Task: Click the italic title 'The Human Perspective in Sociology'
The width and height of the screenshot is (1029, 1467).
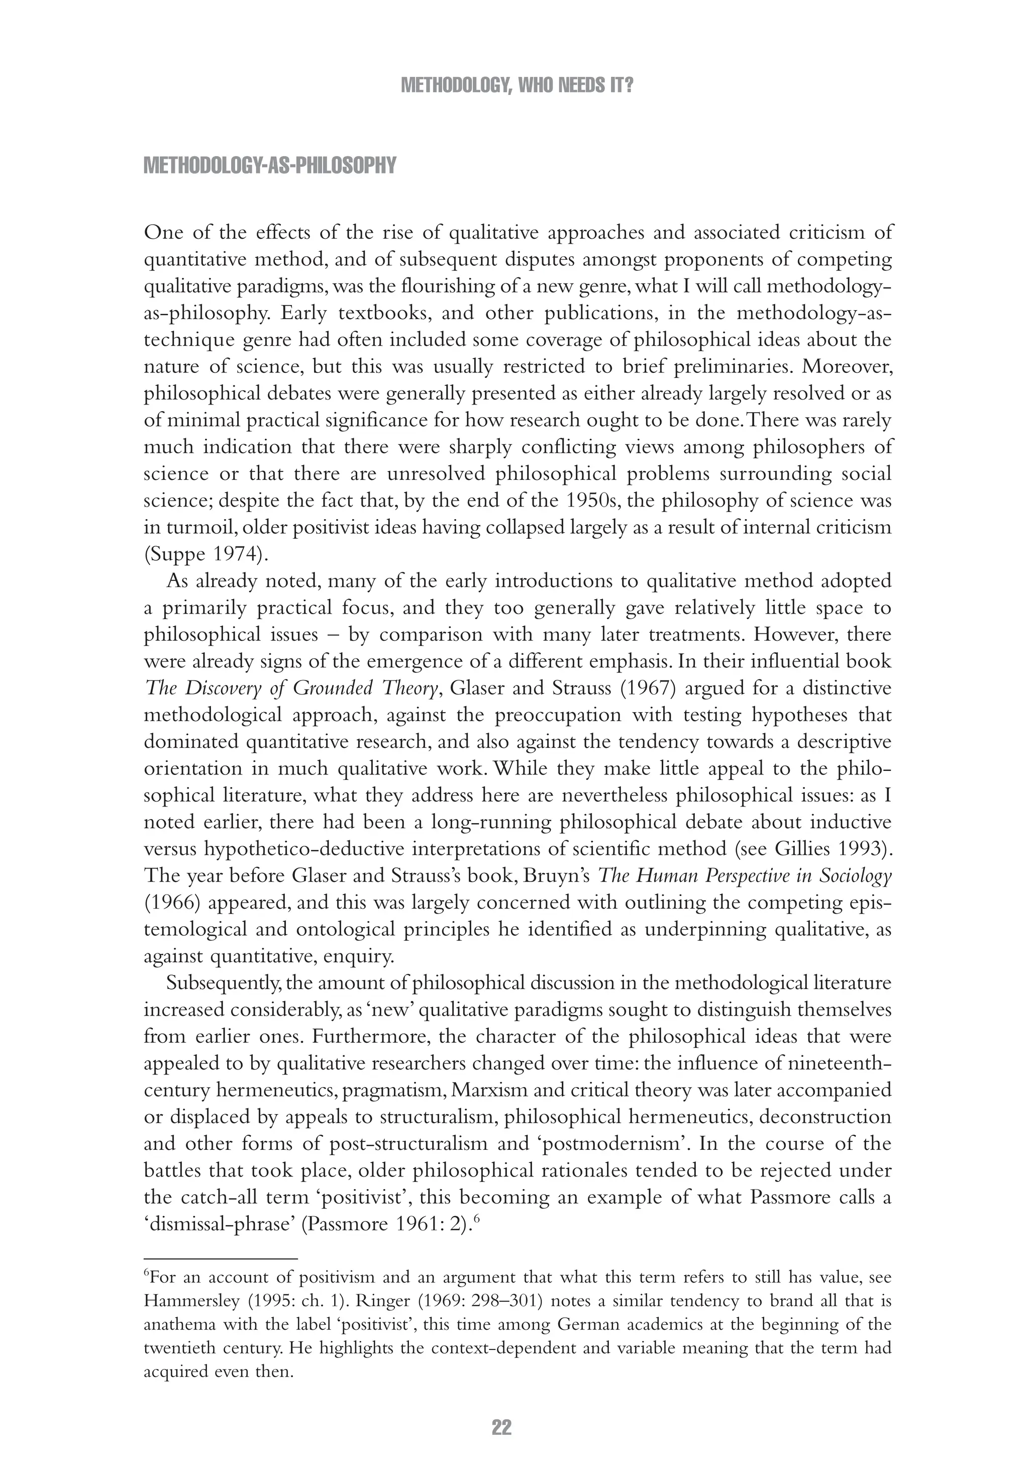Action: point(744,876)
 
